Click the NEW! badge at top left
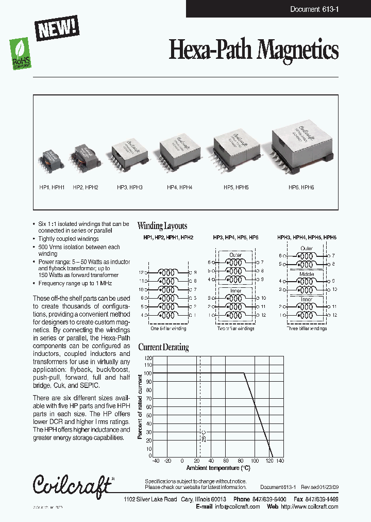pos(57,28)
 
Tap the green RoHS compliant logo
pos(21,55)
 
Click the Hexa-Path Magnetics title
pos(254,51)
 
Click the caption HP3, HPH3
pos(130,187)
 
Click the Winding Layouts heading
pos(162,226)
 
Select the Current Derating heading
pos(163,347)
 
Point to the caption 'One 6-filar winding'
pos(168,329)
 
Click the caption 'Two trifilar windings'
pos(235,329)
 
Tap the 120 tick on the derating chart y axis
pos(148,358)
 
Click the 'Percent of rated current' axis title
pos(140,407)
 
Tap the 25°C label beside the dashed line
pos(204,436)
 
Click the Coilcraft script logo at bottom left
pos(72,485)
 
